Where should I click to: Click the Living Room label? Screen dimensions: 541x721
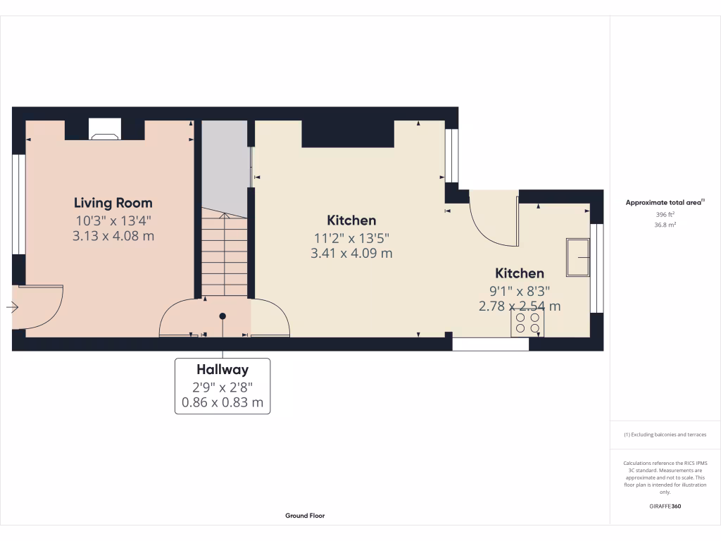coord(113,203)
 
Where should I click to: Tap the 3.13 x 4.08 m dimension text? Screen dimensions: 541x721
coord(113,236)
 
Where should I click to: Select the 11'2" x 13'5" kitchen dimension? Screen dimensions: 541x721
coord(351,237)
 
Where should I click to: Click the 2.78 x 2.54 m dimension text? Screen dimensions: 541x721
coord(520,306)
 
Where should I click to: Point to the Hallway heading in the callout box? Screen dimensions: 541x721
coord(222,369)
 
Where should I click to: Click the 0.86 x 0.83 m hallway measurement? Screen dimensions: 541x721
coord(222,403)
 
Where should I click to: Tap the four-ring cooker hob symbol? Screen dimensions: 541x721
coord(527,323)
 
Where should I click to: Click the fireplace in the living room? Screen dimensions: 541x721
coord(104,130)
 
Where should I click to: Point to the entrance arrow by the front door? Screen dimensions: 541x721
coord(13,306)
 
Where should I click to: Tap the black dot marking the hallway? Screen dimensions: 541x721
coord(222,316)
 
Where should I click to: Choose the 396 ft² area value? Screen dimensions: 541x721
coord(665,214)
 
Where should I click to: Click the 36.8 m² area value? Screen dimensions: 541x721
coord(665,225)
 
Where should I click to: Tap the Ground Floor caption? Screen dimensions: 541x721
coord(305,516)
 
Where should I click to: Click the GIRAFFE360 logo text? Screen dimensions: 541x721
coord(665,506)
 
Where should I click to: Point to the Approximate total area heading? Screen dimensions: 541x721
coord(664,202)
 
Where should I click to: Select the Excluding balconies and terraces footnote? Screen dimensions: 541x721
coord(665,435)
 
